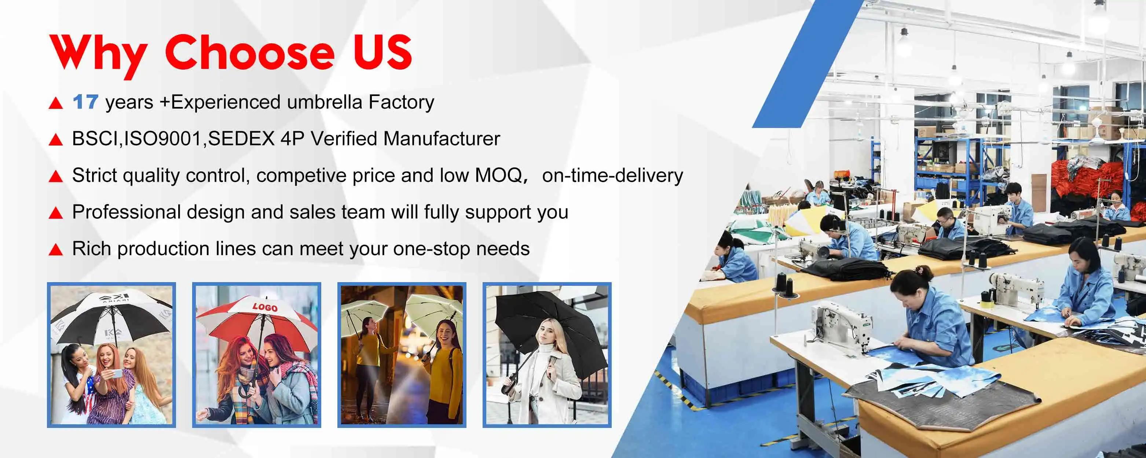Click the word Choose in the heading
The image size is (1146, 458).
250,52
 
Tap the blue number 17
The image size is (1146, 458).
85,102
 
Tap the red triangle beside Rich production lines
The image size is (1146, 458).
56,250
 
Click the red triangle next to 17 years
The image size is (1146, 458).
56,103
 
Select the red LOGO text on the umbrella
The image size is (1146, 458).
265,307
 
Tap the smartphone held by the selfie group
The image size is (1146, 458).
115,373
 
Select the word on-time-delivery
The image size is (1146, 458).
612,175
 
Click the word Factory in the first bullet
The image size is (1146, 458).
401,102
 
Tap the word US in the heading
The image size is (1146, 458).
382,52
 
